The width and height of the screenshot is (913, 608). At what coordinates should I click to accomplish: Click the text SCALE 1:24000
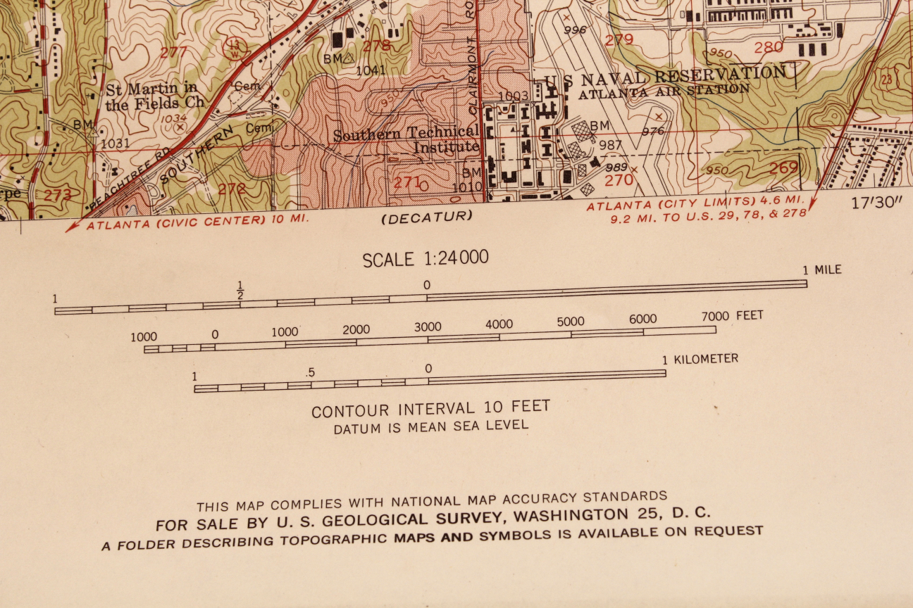[x=425, y=258]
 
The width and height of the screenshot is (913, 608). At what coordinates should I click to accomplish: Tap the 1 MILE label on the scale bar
[x=822, y=270]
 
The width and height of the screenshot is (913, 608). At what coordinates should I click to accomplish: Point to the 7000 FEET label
[x=732, y=315]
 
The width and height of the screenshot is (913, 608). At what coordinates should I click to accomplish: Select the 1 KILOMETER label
[x=700, y=359]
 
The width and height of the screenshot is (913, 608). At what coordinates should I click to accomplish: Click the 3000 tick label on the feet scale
[x=428, y=327]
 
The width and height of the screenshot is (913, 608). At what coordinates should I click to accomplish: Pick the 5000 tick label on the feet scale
[x=570, y=322]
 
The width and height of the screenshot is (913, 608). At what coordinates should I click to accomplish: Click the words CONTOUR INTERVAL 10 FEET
[x=430, y=409]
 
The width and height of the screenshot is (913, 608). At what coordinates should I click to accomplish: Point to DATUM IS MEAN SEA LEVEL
[x=430, y=426]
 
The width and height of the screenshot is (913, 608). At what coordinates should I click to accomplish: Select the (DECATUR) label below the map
[x=426, y=217]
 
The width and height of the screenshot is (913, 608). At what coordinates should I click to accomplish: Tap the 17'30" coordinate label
[x=876, y=203]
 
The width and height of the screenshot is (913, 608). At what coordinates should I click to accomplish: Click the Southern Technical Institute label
[x=406, y=140]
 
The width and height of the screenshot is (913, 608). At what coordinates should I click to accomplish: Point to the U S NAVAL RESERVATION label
[x=664, y=75]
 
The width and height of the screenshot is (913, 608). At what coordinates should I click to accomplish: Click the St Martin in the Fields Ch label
[x=155, y=96]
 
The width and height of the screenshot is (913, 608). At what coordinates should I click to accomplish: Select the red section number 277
[x=174, y=52]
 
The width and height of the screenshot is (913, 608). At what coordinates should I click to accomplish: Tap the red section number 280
[x=768, y=47]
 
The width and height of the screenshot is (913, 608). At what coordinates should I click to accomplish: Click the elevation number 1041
[x=371, y=70]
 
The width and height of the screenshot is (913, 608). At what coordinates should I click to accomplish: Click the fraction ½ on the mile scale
[x=240, y=290]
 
